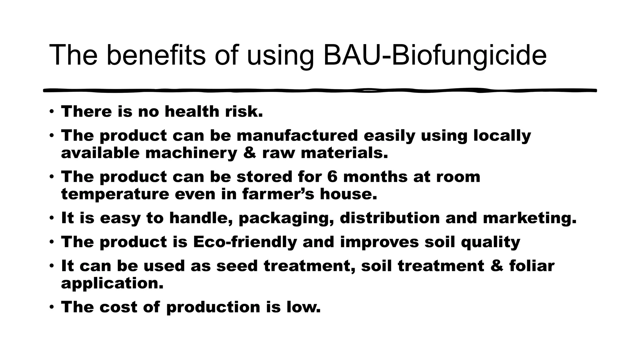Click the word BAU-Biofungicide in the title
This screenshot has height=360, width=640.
coord(435,55)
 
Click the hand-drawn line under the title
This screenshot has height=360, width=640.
coord(320,90)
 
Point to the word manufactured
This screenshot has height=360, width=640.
coord(297,136)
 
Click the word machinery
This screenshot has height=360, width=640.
coord(191,153)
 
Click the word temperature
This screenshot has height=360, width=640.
coord(115,194)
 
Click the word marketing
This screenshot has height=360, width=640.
coord(529,218)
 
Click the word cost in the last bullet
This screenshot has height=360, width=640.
coord(118,307)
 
